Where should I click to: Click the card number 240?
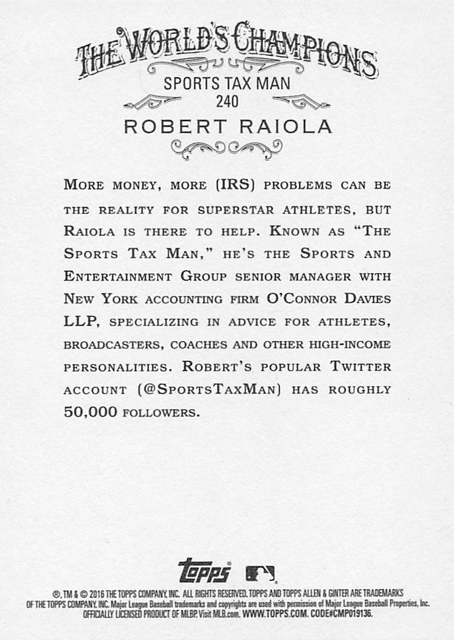tap(226, 102)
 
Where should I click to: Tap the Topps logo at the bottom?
tap(204, 571)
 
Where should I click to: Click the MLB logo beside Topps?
tap(260, 573)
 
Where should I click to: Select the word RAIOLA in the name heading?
tap(286, 127)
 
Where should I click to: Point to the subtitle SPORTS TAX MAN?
tap(227, 83)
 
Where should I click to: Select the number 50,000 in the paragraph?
tap(90, 412)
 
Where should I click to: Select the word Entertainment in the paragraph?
tap(118, 276)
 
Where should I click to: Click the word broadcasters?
tap(113, 344)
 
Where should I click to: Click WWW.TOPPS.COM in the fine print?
tap(276, 614)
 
